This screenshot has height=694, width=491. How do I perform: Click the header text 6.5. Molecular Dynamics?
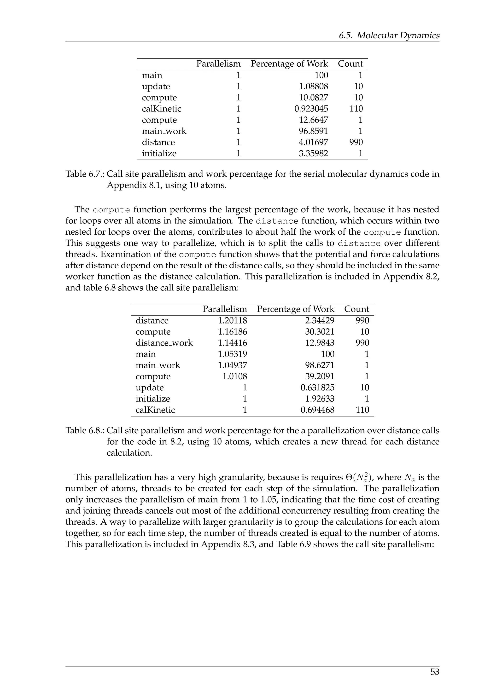tap(389, 36)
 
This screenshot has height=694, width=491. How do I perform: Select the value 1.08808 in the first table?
tap(313, 87)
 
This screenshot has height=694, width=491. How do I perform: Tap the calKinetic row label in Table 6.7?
tap(161, 109)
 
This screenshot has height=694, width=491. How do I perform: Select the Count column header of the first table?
tap(350, 64)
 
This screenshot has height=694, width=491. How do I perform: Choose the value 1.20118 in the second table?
tap(232, 321)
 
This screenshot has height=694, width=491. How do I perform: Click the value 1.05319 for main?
tap(232, 354)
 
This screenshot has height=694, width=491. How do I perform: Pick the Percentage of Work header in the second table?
tap(295, 309)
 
